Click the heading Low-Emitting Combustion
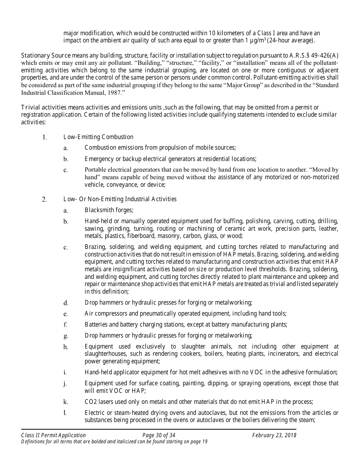(x=98, y=137)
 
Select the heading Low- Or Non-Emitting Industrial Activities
(x=120, y=199)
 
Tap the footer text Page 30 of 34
(x=159, y=435)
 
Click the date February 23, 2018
(x=274, y=435)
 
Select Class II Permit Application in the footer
(x=53, y=435)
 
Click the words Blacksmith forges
(x=108, y=210)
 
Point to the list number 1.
(x=45, y=137)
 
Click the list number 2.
(x=45, y=199)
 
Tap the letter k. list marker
(x=66, y=402)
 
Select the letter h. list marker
(x=66, y=347)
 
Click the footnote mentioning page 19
(x=114, y=441)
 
